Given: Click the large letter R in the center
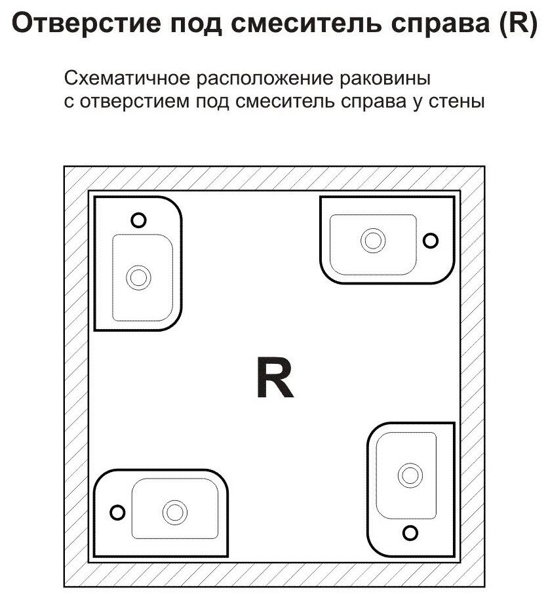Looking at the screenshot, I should point(274,378).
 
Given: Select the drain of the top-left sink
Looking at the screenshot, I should point(138,277).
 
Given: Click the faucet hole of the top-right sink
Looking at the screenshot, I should point(431,241).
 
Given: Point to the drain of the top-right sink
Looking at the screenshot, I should point(374,240).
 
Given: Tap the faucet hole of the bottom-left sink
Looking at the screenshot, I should point(117,511).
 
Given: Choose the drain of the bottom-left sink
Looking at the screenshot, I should point(174,511).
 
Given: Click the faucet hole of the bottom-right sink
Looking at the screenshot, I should point(410,532).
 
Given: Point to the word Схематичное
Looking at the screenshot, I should point(121,80).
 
